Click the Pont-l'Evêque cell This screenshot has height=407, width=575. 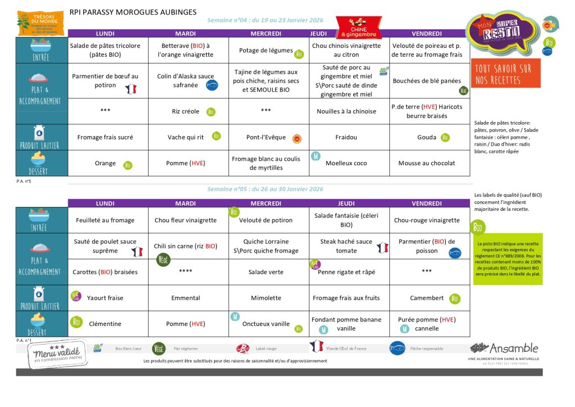[x=266, y=137]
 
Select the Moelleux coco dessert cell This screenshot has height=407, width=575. [x=346, y=163]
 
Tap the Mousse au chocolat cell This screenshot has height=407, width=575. [x=426, y=163]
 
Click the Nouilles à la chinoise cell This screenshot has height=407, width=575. [x=346, y=111]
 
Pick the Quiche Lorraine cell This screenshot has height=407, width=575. [x=266, y=246]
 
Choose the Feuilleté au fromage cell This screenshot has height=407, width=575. [x=105, y=220]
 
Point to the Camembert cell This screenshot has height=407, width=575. [x=426, y=298]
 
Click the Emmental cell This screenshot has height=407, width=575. [x=185, y=298]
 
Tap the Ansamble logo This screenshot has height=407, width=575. [x=504, y=352]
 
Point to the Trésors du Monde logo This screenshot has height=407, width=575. [x=39, y=23]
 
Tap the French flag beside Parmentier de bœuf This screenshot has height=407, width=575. [x=131, y=88]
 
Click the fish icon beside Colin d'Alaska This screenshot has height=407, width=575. [x=212, y=86]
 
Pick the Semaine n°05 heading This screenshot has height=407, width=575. [x=265, y=189]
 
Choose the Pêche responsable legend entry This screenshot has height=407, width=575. [x=416, y=349]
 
